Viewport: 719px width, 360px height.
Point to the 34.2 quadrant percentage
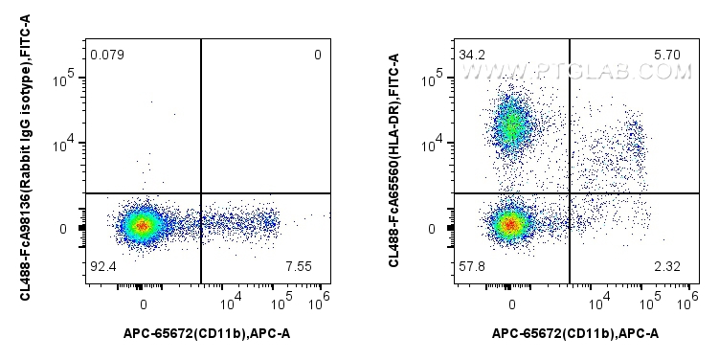pyautogui.click(x=471, y=54)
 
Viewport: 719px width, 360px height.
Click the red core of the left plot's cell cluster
pyautogui.click(x=142, y=227)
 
